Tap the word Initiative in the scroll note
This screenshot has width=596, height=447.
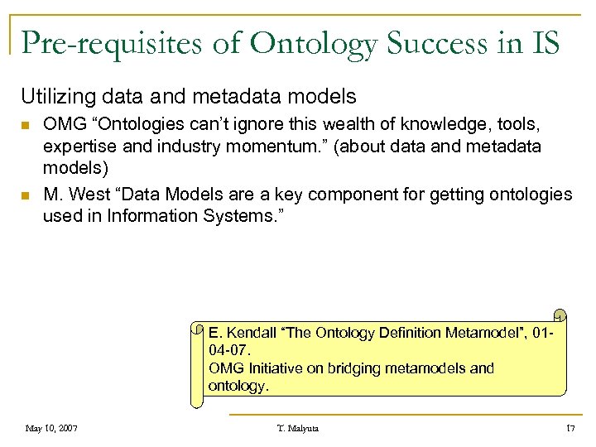272,368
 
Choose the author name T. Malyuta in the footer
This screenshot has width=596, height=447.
298,428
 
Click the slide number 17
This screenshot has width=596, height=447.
570,428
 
